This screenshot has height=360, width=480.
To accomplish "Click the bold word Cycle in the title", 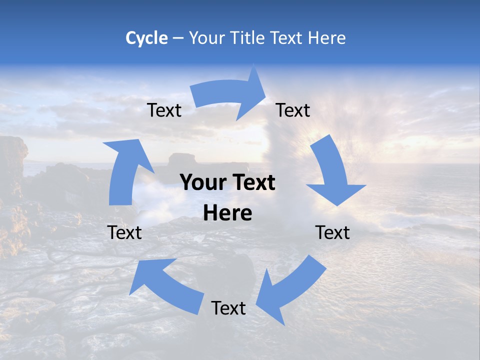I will click(x=146, y=38).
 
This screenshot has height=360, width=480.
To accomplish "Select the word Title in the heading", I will click(x=248, y=38).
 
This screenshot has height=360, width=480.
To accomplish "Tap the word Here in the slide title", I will click(x=327, y=38).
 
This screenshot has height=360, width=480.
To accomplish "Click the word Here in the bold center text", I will click(x=227, y=213).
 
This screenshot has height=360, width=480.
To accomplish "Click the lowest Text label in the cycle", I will click(x=228, y=308).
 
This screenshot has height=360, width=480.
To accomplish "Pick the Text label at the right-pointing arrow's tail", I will click(x=164, y=110).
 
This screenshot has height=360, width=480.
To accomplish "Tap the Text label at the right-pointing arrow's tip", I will click(x=293, y=110).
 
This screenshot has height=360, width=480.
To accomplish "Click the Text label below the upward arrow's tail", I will click(x=125, y=232).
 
